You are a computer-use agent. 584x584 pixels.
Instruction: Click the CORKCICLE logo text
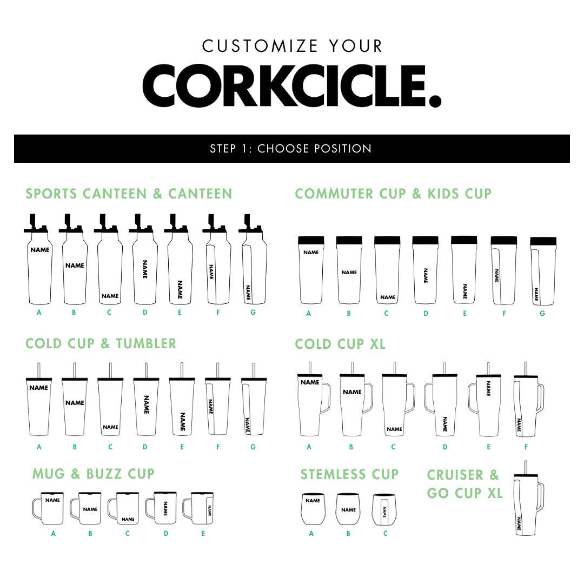point(291,86)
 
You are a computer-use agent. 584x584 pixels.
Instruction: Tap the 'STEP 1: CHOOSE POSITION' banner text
point(291,149)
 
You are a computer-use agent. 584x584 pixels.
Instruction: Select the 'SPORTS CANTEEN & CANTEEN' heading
point(129,194)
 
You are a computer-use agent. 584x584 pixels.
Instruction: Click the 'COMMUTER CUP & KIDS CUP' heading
point(393,194)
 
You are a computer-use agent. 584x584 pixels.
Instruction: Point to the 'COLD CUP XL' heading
point(340,344)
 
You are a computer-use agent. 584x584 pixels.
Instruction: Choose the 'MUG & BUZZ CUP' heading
point(93,474)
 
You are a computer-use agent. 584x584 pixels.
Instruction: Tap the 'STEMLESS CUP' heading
point(349,474)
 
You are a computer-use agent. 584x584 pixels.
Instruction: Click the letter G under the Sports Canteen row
point(253,312)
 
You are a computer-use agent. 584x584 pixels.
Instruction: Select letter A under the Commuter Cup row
point(308,313)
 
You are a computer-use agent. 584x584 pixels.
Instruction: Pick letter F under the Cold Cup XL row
point(526,447)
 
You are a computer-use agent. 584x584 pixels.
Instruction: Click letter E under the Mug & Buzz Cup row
point(203,533)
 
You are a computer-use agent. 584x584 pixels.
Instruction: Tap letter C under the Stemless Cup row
point(386,533)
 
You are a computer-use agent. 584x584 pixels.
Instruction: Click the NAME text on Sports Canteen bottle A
point(40,250)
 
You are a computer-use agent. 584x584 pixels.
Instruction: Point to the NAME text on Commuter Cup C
point(388,297)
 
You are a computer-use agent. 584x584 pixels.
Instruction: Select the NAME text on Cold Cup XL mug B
point(352,392)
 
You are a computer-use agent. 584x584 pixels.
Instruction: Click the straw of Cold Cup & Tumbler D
point(145,370)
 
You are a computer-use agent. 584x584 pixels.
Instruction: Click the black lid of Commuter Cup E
point(464,240)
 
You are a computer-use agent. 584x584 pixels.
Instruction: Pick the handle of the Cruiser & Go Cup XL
point(540,497)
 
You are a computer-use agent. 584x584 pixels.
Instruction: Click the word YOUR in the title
point(356,46)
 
